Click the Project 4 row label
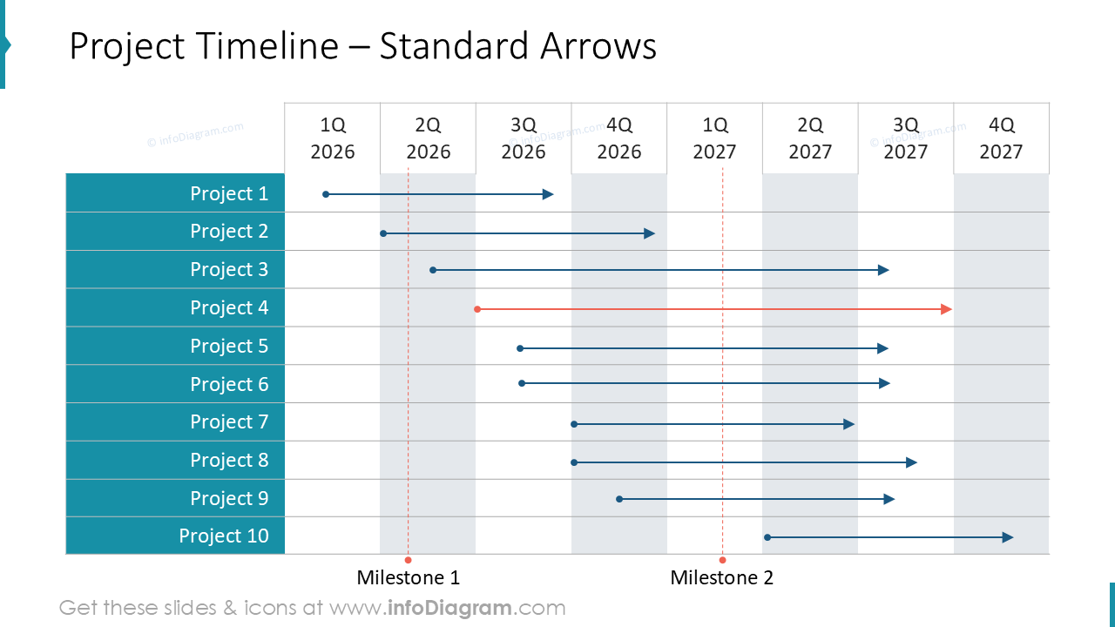tap(229, 307)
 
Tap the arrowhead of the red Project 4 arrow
tap(947, 309)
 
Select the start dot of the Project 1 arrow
tap(326, 194)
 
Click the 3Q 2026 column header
tap(524, 138)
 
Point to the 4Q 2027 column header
tap(1001, 138)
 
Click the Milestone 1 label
tap(409, 577)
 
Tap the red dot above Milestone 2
tap(722, 560)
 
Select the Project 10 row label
tap(224, 536)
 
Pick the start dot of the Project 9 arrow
tap(619, 499)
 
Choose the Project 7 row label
tap(229, 421)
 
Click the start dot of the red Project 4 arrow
tap(477, 309)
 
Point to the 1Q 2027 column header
tap(714, 138)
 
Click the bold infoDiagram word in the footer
tap(449, 608)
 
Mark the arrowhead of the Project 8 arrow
tap(912, 462)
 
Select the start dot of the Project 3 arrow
tap(433, 270)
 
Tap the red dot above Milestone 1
tap(408, 560)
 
